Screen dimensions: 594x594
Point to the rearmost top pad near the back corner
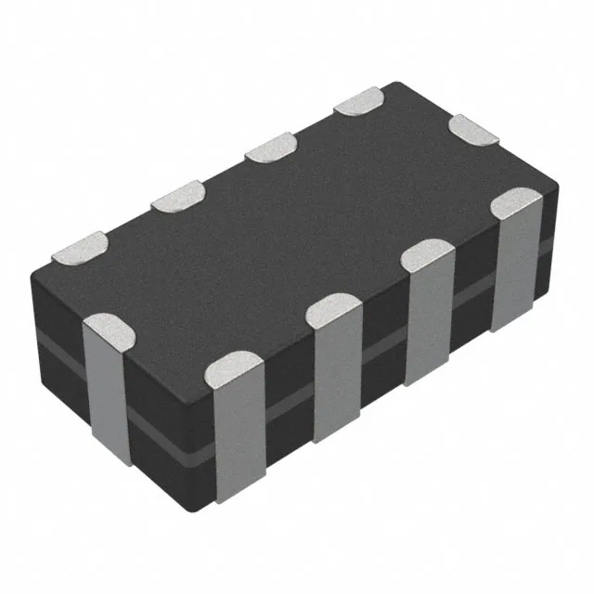pos(358,101)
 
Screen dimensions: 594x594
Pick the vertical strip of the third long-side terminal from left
pos(428,325)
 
